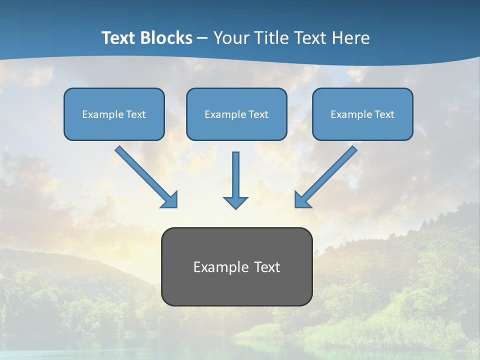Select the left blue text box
pos(114,114)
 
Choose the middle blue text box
pos(236,114)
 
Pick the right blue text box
pos(362,114)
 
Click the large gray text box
pos(236,266)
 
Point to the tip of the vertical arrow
pos(235,207)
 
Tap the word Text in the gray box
pos(267,267)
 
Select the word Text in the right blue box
pos(384,114)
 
